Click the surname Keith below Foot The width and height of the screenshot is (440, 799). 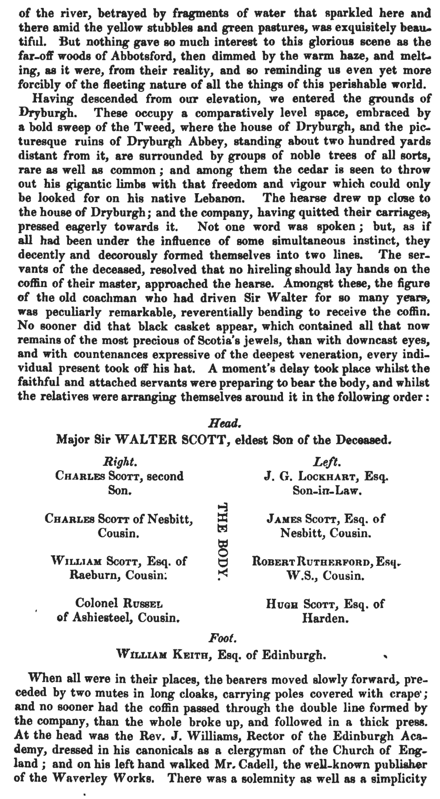coord(186,654)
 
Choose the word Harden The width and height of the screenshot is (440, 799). coord(325,618)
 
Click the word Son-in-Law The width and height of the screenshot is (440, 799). coord(326,490)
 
